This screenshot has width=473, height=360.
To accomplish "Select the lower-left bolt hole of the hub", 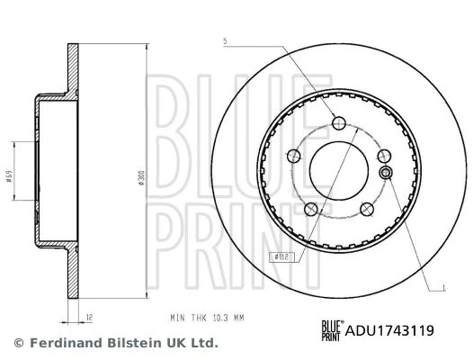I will (311, 209).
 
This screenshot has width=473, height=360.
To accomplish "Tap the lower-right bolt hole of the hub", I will (366, 210).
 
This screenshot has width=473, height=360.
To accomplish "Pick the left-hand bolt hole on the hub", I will (293, 157).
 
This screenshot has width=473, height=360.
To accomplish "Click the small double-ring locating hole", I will (385, 173).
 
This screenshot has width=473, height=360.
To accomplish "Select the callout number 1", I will (443, 288).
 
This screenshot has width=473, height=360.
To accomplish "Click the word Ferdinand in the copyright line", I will (61, 343).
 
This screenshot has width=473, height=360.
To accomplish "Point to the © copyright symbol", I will (18, 343).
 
